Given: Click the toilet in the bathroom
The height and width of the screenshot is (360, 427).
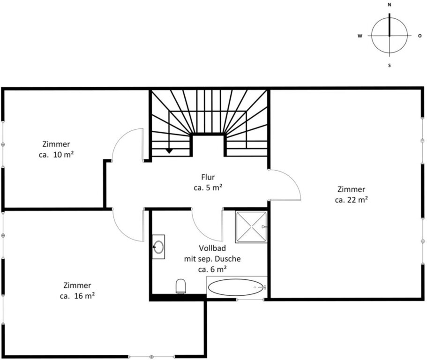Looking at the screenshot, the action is click(x=181, y=286).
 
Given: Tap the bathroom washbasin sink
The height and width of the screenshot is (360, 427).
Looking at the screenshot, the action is click(x=158, y=247).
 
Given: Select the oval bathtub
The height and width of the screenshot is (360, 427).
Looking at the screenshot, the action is click(x=236, y=287).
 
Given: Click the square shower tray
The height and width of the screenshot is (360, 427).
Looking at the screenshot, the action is click(x=251, y=227).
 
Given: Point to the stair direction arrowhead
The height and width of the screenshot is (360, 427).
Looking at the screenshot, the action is click(x=169, y=151).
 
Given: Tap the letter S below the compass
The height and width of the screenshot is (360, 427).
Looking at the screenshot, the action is click(x=390, y=65).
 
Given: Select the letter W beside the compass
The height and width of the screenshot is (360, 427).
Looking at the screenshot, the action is click(x=360, y=36).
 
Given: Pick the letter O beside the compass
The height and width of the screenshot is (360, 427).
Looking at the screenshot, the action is click(x=420, y=36).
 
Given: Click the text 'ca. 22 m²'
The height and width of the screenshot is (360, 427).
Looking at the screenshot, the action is click(x=351, y=200).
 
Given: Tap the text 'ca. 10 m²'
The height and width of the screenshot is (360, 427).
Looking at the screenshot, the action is click(x=56, y=155).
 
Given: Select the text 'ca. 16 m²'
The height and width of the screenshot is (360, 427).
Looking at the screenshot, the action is click(x=77, y=296).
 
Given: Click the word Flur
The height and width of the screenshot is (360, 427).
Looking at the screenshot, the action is click(x=208, y=177).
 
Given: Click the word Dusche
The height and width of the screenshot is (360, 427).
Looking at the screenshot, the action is click(x=227, y=259).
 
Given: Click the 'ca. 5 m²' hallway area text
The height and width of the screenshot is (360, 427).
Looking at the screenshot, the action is click(x=208, y=187).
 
